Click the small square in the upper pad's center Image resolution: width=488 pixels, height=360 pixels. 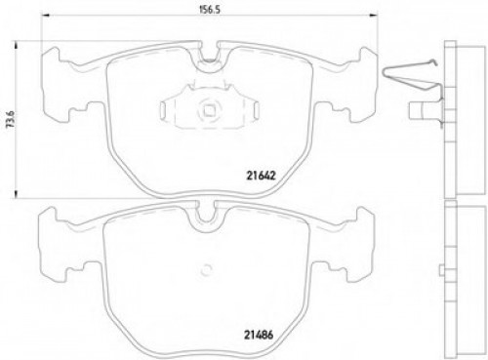tap(206, 111)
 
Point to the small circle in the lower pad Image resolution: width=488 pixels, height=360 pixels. tap(206, 272)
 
